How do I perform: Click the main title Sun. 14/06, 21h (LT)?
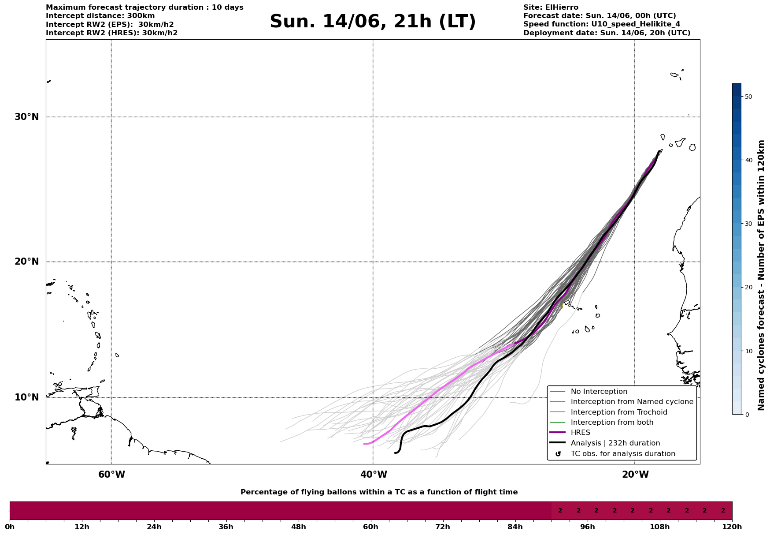pos(373,22)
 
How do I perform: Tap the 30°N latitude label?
pos(27,117)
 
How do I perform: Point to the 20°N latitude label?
pos(27,262)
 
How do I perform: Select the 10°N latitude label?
pos(27,397)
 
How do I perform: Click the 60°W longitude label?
pos(111,475)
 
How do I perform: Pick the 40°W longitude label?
pos(374,475)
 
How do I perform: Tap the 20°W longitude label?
pos(635,475)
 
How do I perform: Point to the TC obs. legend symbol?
pos(558,454)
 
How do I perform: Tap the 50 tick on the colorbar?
pos(748,97)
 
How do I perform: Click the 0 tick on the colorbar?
pos(746,415)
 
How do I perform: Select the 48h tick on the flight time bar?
pos(298,527)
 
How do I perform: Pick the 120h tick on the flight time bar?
pos(732,527)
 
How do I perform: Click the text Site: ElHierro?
pos(551,7)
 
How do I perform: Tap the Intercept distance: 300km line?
pos(100,16)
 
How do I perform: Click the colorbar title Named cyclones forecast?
pos(761,275)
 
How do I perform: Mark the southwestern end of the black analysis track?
pos(395,453)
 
